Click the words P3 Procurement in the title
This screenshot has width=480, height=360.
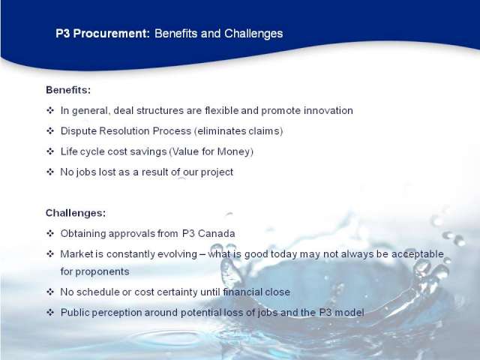[x=103, y=34]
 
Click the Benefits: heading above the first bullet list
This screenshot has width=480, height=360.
[x=68, y=90]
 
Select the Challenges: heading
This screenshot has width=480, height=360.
[x=76, y=213]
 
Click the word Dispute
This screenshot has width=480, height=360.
[x=78, y=131]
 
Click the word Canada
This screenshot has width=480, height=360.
[x=217, y=233]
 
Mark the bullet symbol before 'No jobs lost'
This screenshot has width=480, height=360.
[x=50, y=172]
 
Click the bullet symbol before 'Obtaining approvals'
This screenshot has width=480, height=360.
[x=50, y=233]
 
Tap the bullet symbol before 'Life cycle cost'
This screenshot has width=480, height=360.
[x=50, y=151]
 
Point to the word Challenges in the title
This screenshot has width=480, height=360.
[x=253, y=34]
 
